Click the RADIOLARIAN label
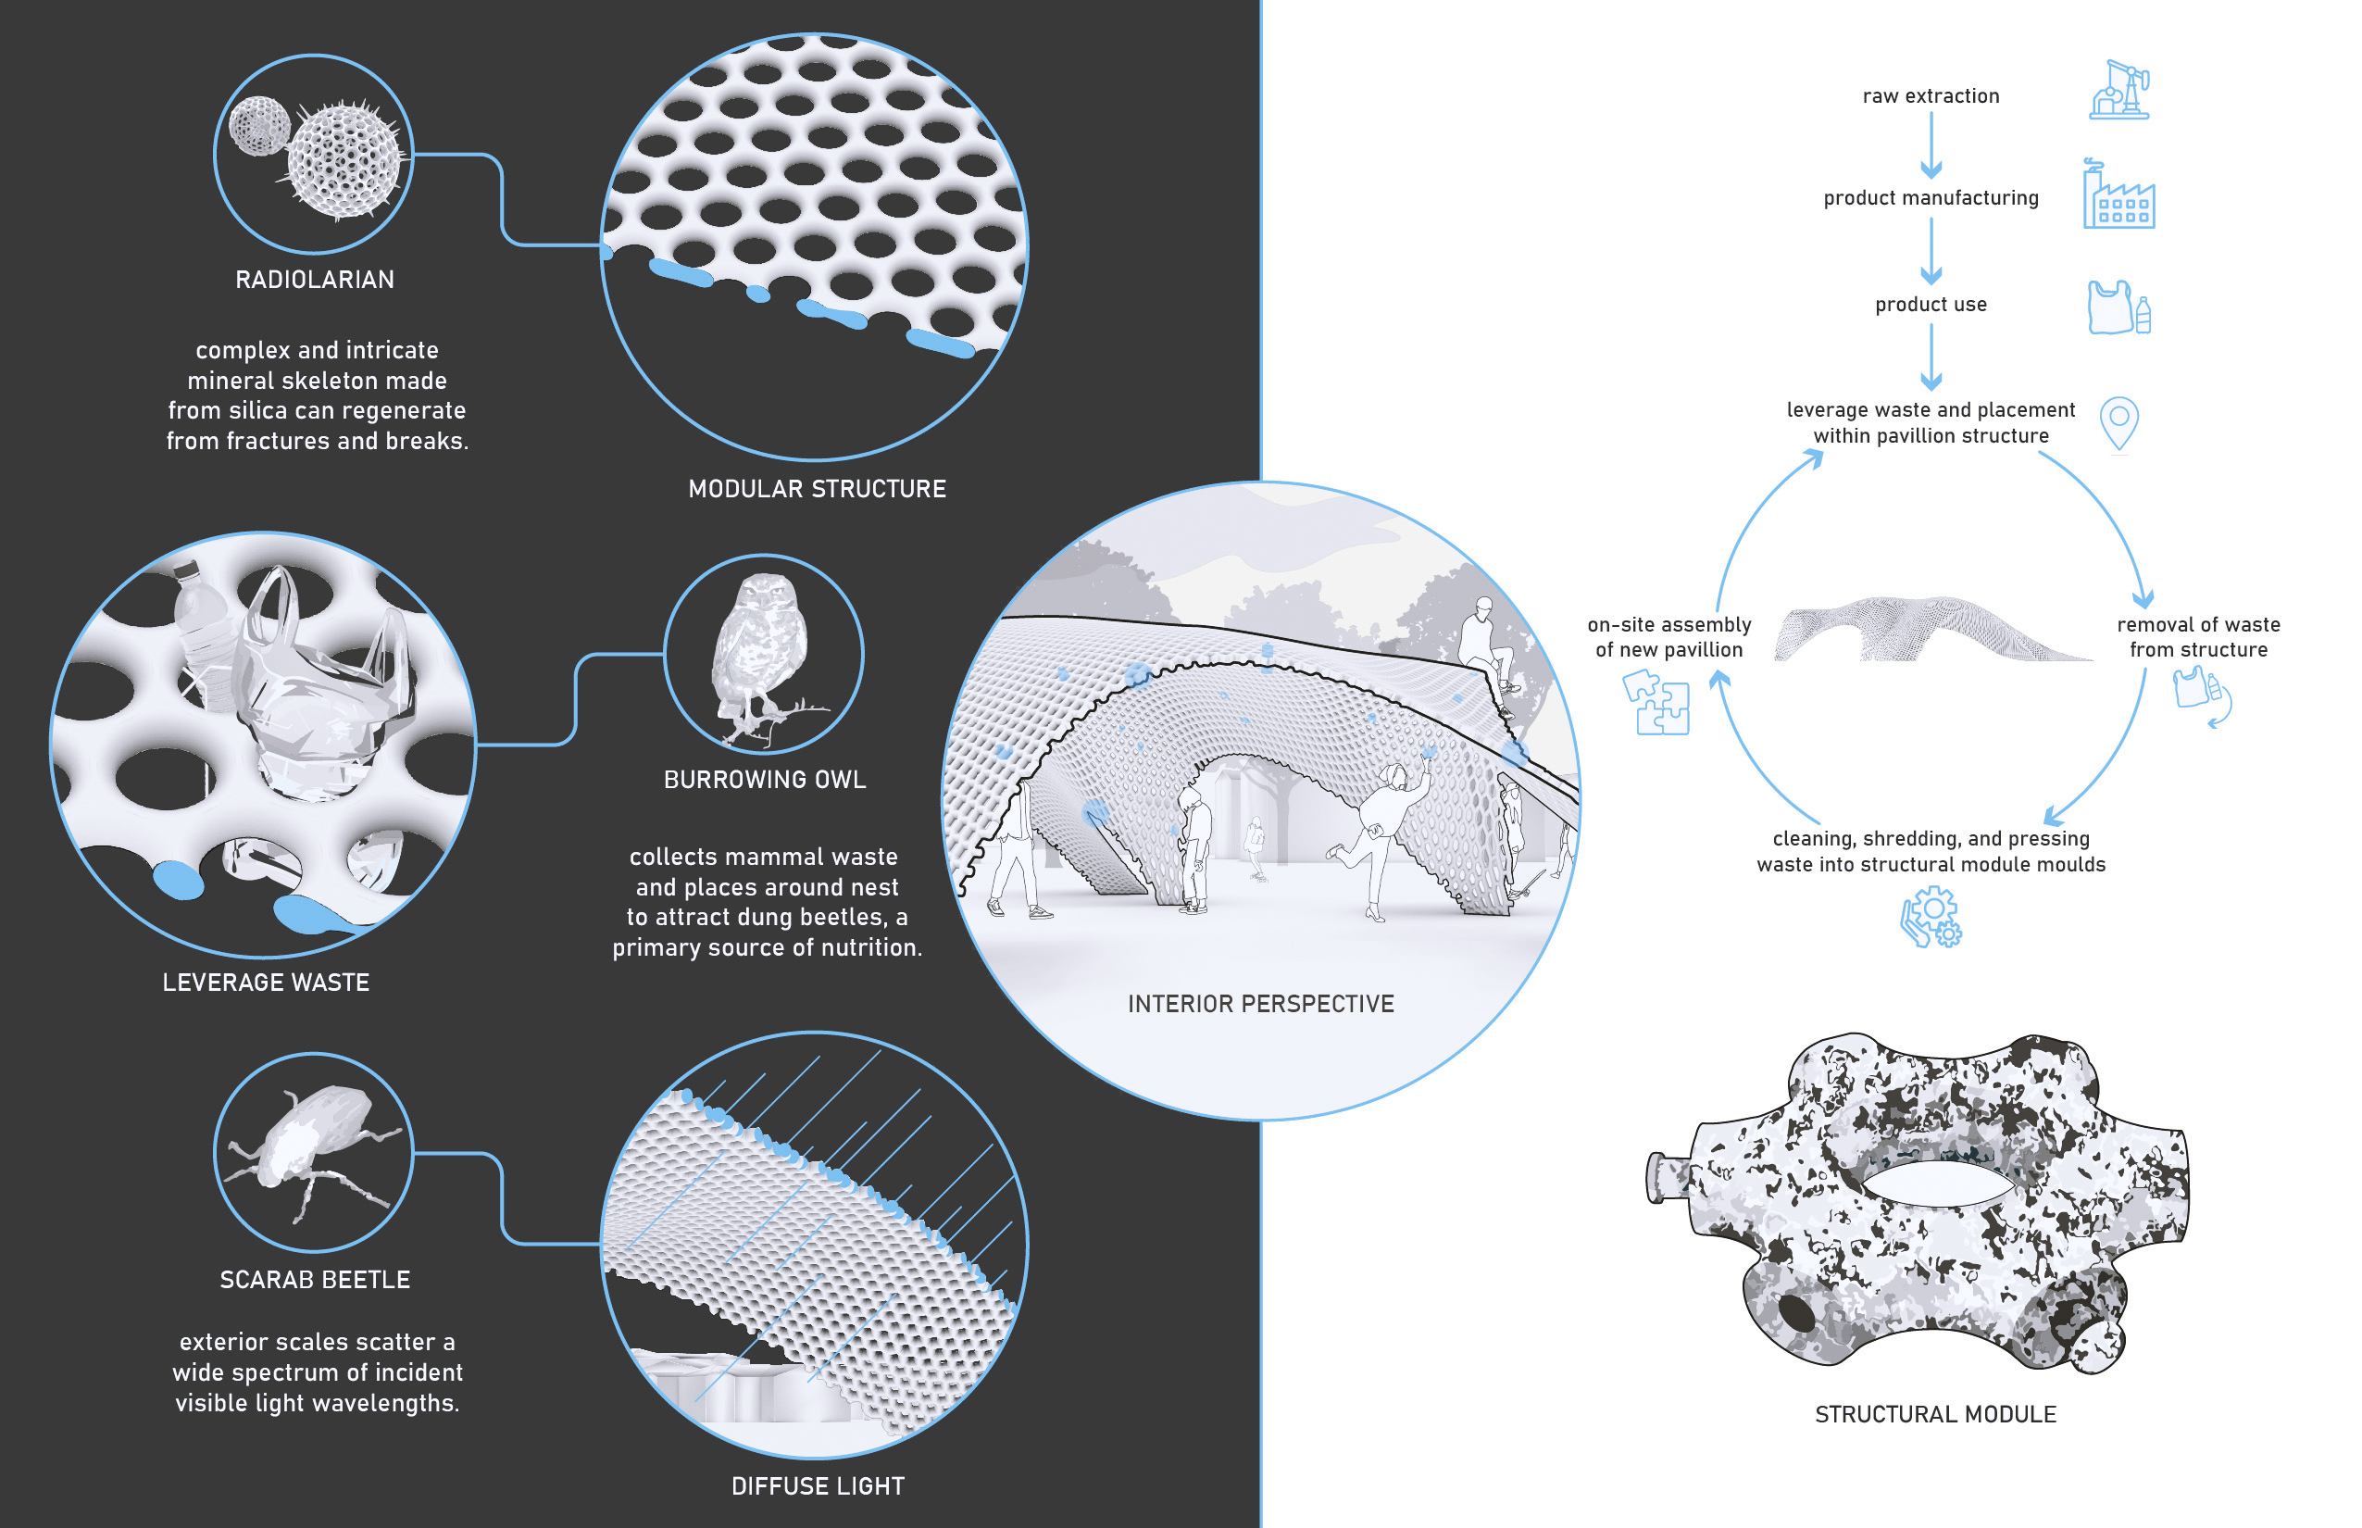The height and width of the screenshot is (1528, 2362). coord(315,280)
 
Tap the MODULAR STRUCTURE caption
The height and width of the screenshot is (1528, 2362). coord(817,489)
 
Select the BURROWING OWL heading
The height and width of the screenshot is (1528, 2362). coord(764,780)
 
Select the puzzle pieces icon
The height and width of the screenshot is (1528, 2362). coord(1656,703)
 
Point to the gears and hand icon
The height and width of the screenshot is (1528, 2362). coord(1931,918)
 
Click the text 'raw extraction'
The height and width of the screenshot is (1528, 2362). coord(1930,96)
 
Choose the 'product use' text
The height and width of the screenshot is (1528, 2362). coord(1930,305)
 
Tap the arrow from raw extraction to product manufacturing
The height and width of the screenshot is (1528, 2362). coord(1930,144)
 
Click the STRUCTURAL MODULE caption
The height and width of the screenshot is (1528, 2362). coord(1934,1414)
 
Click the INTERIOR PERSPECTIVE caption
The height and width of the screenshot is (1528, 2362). coord(1260,1004)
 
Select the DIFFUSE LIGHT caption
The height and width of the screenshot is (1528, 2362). coord(818,1485)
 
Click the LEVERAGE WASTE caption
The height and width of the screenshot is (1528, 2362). coord(266,983)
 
